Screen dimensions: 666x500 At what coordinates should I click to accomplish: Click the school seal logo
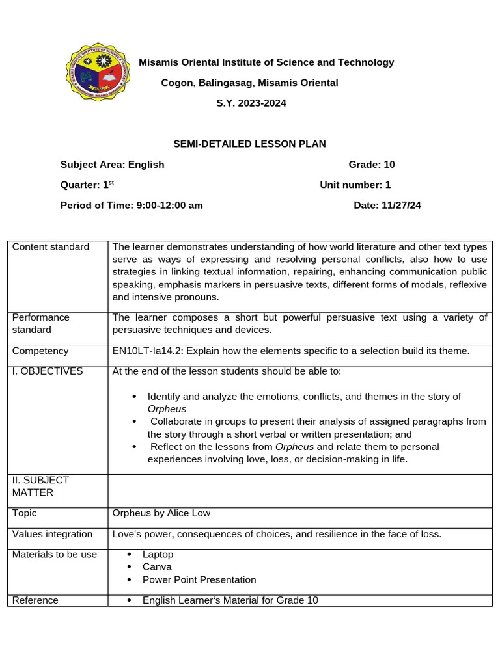point(99,72)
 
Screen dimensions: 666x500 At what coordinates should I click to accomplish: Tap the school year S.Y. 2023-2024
point(251,103)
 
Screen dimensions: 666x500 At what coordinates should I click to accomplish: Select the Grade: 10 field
point(372,165)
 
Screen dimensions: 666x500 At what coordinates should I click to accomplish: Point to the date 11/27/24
point(387,205)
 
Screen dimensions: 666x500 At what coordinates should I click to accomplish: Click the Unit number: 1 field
point(355,185)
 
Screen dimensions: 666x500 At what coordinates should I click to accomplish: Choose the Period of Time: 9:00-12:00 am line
point(132,205)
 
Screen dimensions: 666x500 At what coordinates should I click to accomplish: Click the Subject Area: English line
point(112,165)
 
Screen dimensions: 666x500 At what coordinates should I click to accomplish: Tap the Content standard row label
point(51,247)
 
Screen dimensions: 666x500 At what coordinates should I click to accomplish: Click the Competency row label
point(40,351)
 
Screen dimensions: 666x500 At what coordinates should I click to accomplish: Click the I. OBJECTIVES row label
point(48,371)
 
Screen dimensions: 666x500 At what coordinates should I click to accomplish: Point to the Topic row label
point(25,513)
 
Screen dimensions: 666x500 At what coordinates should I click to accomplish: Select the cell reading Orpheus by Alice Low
point(161,513)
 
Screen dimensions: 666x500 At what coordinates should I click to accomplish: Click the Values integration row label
point(53,534)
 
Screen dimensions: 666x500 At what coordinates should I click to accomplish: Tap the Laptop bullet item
point(158,555)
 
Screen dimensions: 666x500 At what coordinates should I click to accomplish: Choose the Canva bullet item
point(157,567)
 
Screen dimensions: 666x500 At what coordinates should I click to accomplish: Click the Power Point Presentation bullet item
point(199,579)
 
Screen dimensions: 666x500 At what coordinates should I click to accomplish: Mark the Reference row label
point(35,600)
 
